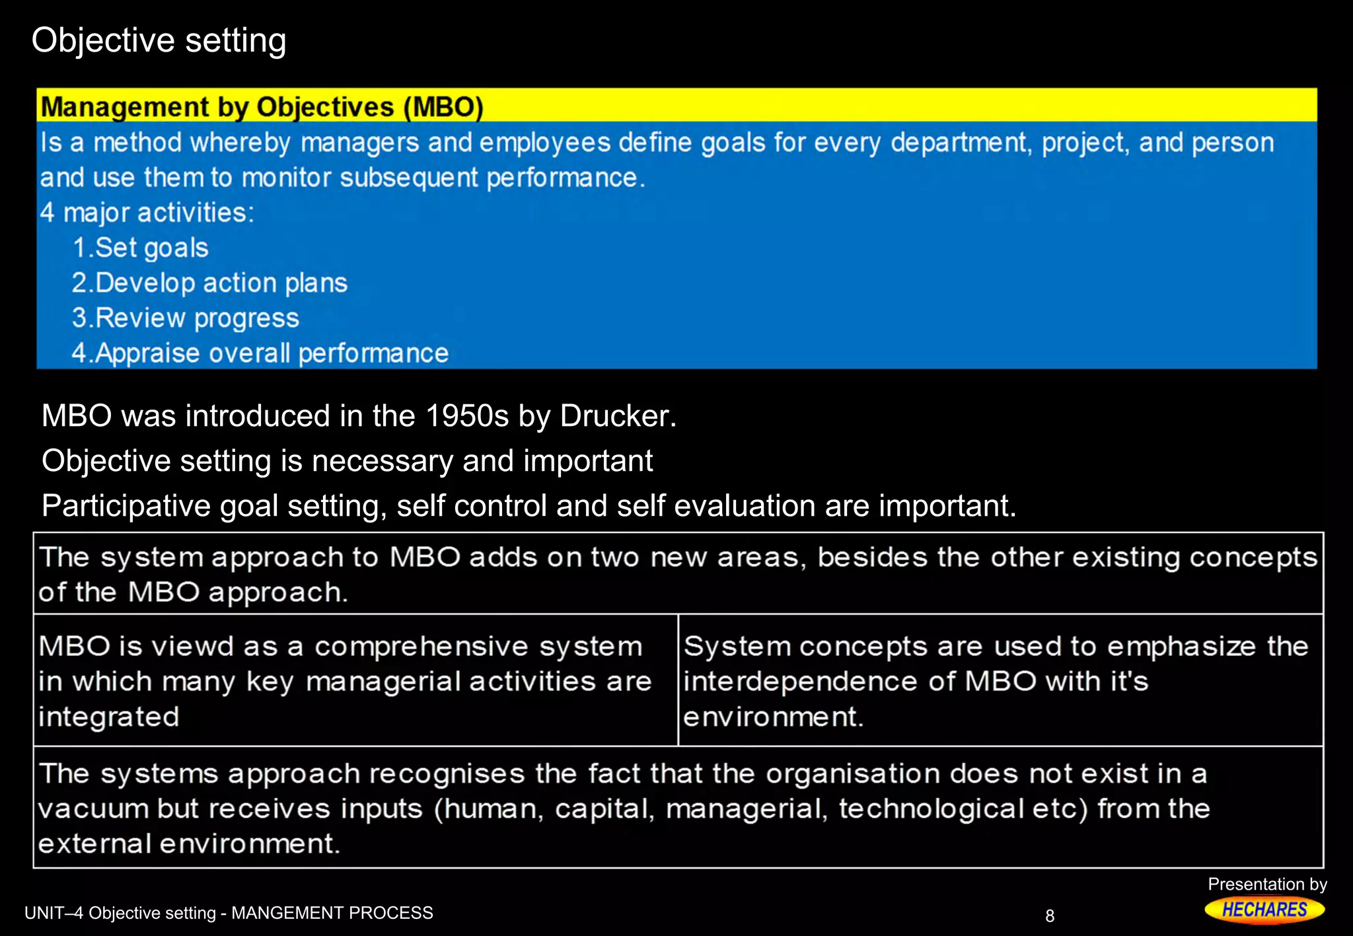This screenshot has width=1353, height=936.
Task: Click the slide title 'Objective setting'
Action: pyautogui.click(x=159, y=41)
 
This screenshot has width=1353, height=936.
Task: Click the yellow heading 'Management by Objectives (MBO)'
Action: pyautogui.click(x=262, y=107)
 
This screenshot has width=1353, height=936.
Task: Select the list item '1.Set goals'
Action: pyautogui.click(x=141, y=248)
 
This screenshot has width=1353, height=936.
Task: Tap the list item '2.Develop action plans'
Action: pyautogui.click(x=209, y=283)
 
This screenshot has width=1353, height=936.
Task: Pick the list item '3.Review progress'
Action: pyautogui.click(x=186, y=318)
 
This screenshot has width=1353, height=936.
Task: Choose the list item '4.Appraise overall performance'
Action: pyautogui.click(x=260, y=353)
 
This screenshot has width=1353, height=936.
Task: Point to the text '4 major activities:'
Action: pyautogui.click(x=147, y=213)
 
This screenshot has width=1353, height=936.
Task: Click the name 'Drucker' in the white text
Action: pyautogui.click(x=617, y=416)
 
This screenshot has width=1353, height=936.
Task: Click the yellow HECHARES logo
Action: pyautogui.click(x=1264, y=910)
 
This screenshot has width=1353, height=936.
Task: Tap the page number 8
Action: pyautogui.click(x=1050, y=916)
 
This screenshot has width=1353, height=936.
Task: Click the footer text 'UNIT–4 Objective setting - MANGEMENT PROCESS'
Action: pyautogui.click(x=229, y=913)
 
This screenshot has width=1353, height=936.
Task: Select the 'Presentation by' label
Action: pyautogui.click(x=1267, y=884)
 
